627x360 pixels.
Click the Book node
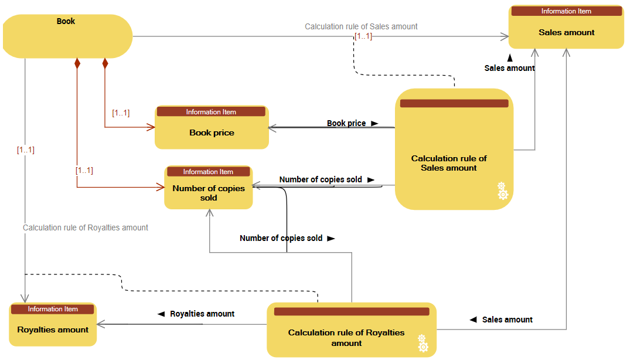click(68, 36)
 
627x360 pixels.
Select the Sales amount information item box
click(566, 33)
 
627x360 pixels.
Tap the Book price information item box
click(212, 133)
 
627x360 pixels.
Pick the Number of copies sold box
click(208, 193)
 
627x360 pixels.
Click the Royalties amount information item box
click(53, 330)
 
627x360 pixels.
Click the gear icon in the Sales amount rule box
click(502, 191)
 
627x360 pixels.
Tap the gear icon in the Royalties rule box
click(422, 344)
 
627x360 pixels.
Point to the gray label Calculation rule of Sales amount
click(361, 26)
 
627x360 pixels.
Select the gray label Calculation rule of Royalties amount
click(86, 227)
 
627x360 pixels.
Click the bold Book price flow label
click(346, 123)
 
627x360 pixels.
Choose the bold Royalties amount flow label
click(202, 314)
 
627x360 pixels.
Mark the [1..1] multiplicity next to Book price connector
click(121, 113)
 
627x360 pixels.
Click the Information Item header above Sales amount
click(566, 11)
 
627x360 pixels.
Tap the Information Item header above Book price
click(211, 112)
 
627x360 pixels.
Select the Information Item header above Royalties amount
click(53, 309)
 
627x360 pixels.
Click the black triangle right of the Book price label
click(374, 124)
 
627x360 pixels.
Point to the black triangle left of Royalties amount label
click(161, 314)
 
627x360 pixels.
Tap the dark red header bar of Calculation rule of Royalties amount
click(352, 311)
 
